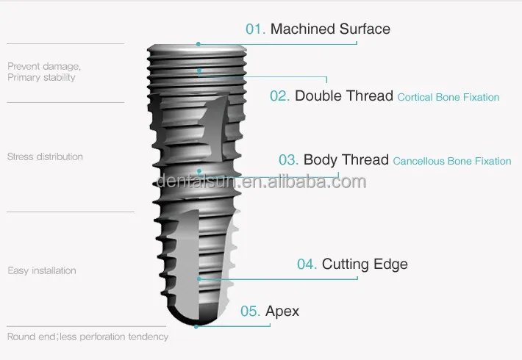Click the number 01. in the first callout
(x=255, y=29)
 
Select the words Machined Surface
(x=330, y=29)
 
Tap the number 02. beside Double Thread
(x=280, y=96)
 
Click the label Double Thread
(x=343, y=96)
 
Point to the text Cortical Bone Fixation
(x=448, y=97)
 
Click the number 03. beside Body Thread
(x=289, y=160)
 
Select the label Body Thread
(x=346, y=160)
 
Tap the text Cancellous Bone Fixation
(x=452, y=161)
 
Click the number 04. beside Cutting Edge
(x=307, y=264)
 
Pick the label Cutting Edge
(x=365, y=264)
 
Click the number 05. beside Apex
(x=251, y=311)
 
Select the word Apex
(x=282, y=312)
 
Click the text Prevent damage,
(x=44, y=66)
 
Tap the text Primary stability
(x=41, y=77)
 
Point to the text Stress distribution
(x=45, y=156)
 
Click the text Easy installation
(x=42, y=270)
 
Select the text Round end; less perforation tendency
(x=87, y=336)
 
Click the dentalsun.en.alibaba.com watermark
(x=261, y=181)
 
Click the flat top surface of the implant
(x=197, y=46)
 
